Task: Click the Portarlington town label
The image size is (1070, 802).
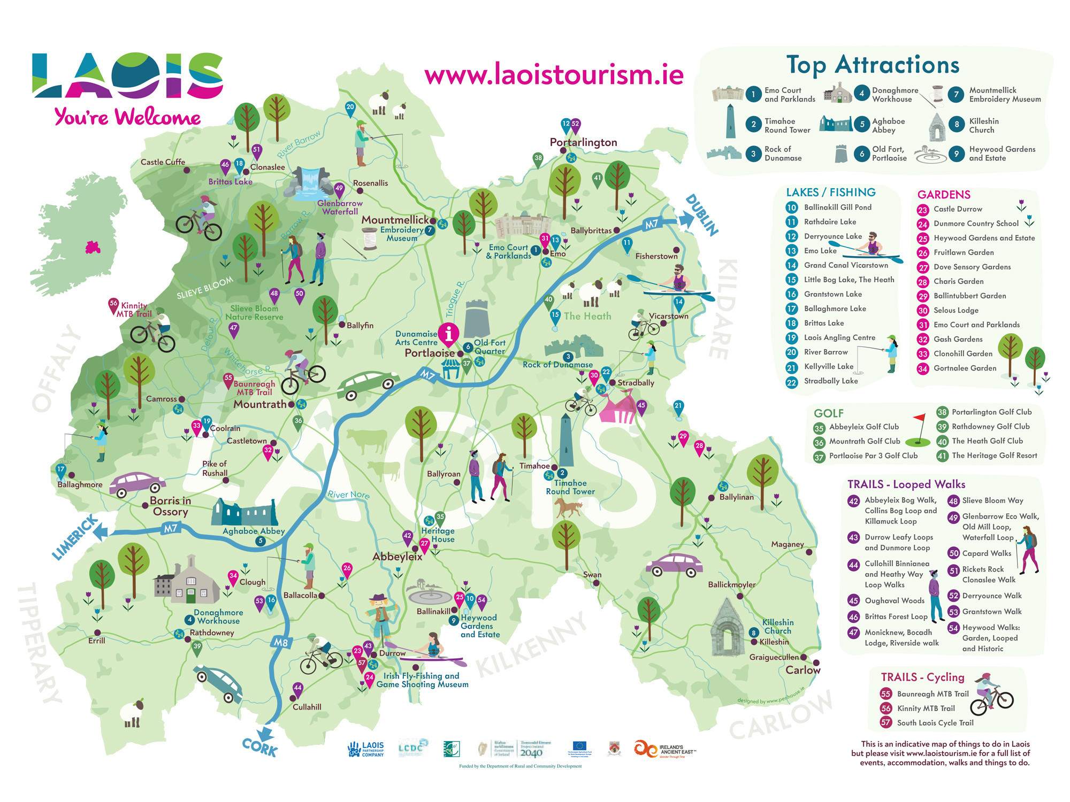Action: point(583,142)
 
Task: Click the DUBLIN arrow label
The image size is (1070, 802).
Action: point(701,215)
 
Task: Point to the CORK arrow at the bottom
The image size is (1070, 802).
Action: point(261,743)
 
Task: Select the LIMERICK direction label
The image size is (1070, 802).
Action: point(75,537)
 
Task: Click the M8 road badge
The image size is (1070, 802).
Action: point(281,642)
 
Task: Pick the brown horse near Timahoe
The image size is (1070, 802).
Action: point(567,506)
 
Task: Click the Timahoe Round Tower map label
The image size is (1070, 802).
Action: point(570,487)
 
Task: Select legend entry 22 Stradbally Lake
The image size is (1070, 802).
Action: point(830,381)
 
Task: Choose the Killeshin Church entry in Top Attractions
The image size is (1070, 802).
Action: point(983,126)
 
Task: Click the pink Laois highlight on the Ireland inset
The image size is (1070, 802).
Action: point(93,248)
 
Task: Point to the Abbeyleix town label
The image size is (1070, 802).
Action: point(397,557)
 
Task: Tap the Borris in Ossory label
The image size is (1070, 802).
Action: point(170,506)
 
